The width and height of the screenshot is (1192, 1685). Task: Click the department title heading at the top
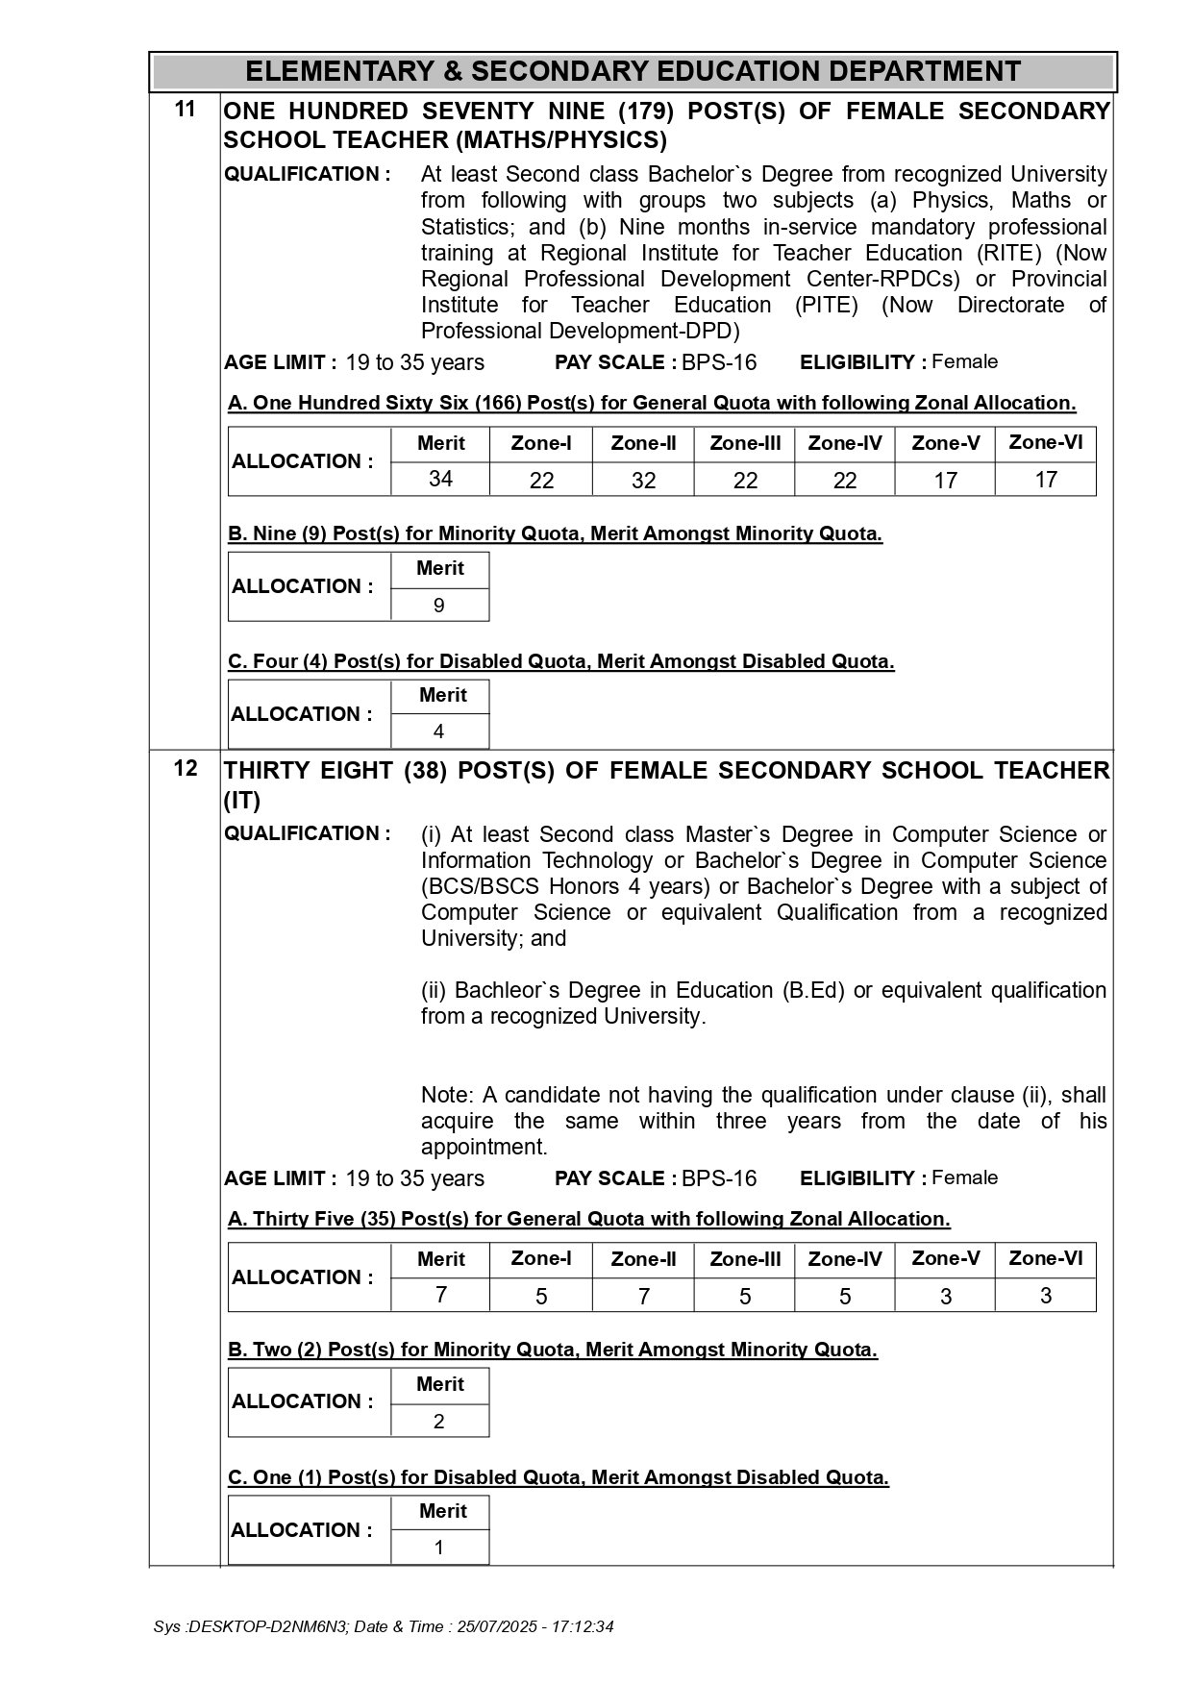633,71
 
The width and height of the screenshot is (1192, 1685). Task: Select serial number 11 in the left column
185,110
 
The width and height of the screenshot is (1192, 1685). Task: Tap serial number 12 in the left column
185,769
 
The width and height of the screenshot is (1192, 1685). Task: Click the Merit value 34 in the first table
440,479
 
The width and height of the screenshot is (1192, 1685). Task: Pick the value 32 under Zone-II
643,480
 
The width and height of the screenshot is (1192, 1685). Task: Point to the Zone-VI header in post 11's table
1045,442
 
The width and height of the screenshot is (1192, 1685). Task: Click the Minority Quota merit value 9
439,605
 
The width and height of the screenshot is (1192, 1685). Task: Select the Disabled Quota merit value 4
438,731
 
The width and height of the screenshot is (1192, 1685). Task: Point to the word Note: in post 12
447,1095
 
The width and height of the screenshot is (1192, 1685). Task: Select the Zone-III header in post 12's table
744,1259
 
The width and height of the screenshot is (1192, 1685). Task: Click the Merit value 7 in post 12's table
440,1295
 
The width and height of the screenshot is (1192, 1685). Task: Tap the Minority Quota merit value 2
439,1421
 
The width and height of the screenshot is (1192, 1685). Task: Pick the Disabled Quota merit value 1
439,1548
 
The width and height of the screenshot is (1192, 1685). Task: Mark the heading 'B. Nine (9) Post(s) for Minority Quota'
555,533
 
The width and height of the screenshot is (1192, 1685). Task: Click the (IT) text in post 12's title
242,800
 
